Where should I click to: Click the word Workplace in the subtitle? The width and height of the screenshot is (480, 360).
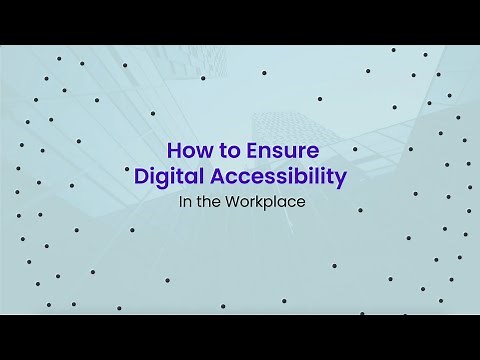269,201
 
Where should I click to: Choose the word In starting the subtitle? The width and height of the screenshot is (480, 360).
182,201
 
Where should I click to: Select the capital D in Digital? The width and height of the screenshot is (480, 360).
141,178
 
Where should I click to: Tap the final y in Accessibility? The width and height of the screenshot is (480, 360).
340,180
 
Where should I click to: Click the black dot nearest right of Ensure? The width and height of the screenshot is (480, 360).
355,149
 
